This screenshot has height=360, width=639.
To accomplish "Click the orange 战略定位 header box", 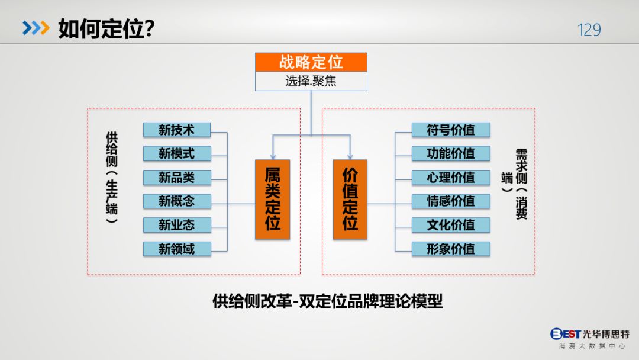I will pyautogui.click(x=311, y=62).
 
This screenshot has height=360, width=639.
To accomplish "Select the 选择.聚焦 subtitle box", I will pyautogui.click(x=311, y=81).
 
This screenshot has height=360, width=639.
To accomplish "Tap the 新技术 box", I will pyautogui.click(x=177, y=130).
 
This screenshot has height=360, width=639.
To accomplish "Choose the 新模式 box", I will pyautogui.click(x=177, y=153).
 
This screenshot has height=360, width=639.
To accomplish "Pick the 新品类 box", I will pyautogui.click(x=177, y=177).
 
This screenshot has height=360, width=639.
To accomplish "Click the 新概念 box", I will pyautogui.click(x=177, y=201).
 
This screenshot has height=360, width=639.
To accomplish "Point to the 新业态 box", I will pyautogui.click(x=177, y=225).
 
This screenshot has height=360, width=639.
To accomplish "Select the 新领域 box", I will pyautogui.click(x=177, y=249).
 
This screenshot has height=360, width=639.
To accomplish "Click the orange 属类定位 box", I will pyautogui.click(x=272, y=199).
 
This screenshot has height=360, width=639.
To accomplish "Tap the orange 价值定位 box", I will pyautogui.click(x=350, y=199).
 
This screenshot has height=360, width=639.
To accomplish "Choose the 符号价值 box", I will pyautogui.click(x=451, y=130).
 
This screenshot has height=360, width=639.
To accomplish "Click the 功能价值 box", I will pyautogui.click(x=451, y=153).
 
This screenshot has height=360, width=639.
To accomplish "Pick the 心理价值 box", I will pyautogui.click(x=451, y=177).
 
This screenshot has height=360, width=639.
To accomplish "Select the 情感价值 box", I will pyautogui.click(x=451, y=201).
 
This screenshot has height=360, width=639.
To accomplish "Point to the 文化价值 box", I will pyautogui.click(x=451, y=225).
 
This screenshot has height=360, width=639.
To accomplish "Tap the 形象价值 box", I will pyautogui.click(x=451, y=249).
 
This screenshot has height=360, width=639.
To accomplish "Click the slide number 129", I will pyautogui.click(x=589, y=30).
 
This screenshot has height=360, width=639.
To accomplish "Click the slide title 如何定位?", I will pyautogui.click(x=106, y=28).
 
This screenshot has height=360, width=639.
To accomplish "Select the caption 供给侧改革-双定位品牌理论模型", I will pyautogui.click(x=327, y=301).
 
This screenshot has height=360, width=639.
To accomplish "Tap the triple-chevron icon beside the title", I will pyautogui.click(x=35, y=28).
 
